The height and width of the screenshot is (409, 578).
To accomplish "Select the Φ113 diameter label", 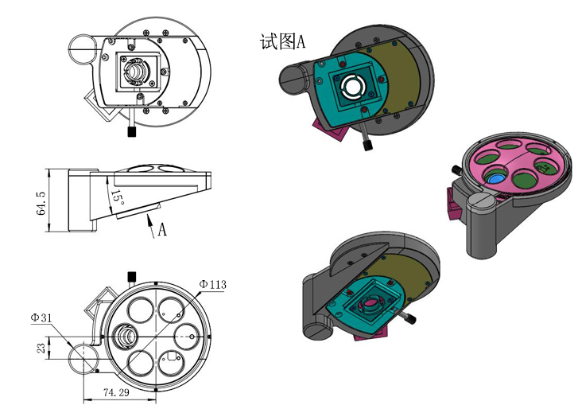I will (212, 284).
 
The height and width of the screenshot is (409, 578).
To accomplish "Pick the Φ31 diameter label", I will (41, 317).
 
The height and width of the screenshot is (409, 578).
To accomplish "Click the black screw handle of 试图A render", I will (367, 146).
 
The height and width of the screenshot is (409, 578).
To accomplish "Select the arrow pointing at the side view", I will (149, 226).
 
